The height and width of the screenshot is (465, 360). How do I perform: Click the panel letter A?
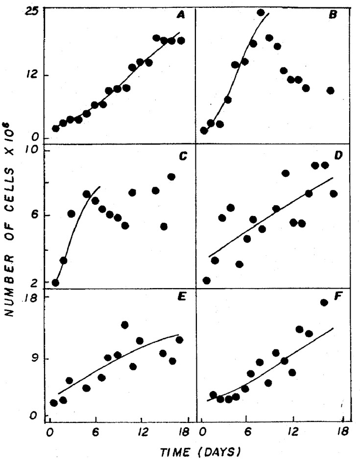180,15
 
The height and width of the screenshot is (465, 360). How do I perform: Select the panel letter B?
333,15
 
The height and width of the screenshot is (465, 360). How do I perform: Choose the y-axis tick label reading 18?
31,297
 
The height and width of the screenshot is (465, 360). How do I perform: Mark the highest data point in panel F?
324,302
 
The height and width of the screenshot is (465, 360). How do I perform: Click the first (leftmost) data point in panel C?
55,283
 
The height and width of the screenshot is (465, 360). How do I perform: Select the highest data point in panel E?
124,324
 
